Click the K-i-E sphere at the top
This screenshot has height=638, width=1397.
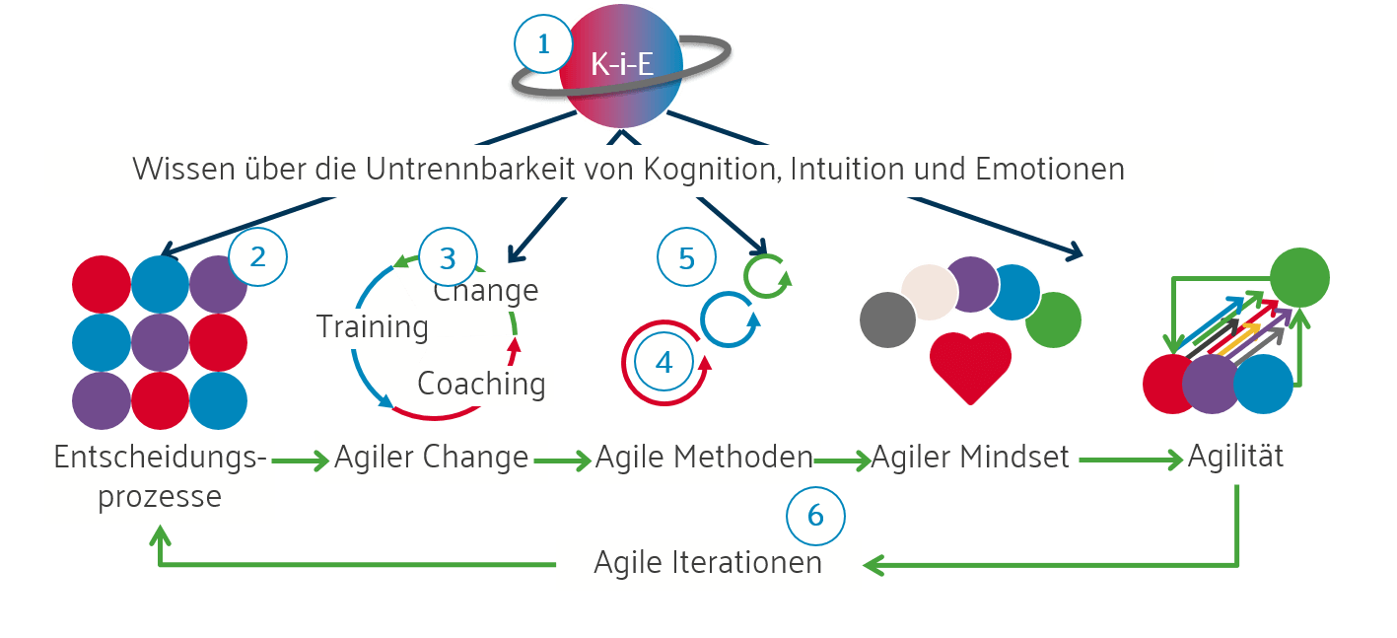(x=621, y=65)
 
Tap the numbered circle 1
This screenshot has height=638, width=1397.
(x=542, y=44)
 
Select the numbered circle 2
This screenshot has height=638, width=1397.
(x=257, y=257)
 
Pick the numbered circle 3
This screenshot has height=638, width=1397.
(x=448, y=259)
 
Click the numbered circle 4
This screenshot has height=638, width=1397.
(x=664, y=363)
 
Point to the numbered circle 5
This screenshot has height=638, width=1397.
(x=687, y=258)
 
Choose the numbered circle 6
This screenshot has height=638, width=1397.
(x=815, y=515)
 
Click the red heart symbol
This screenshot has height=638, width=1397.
(x=970, y=367)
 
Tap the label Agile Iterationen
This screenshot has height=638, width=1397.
(x=708, y=563)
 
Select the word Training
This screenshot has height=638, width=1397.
(x=373, y=326)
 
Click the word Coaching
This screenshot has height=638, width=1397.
(x=481, y=384)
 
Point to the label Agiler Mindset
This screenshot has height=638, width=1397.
(x=970, y=459)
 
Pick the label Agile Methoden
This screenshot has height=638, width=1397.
(x=704, y=458)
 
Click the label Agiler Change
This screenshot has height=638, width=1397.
(x=431, y=458)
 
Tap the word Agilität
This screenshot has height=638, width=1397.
(x=1235, y=458)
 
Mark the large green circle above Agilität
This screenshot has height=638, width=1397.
(x=1298, y=277)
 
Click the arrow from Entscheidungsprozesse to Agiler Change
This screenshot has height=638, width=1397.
(x=301, y=461)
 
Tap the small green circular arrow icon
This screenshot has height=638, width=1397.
(x=765, y=275)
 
